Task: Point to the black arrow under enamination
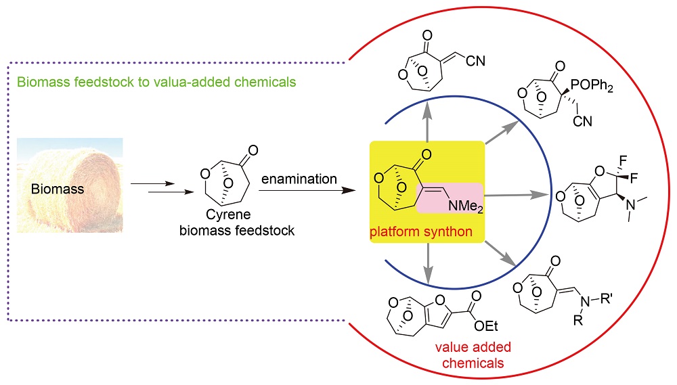coord(308,191)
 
